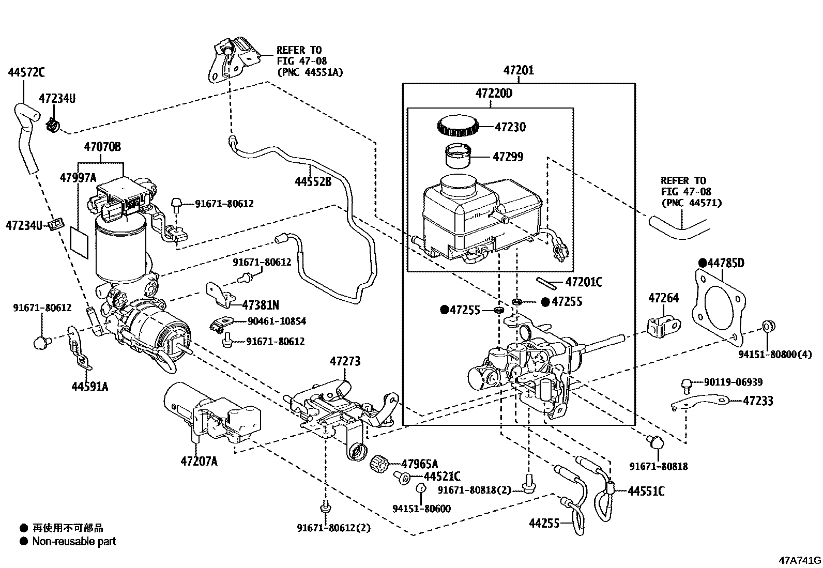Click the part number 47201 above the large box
tap(519, 70)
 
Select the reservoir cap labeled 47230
tap(458, 126)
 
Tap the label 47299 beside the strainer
tap(508, 156)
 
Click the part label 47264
tap(664, 298)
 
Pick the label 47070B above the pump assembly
tap(102, 147)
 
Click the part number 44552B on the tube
tap(313, 181)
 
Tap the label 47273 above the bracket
tap(345, 361)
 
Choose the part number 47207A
tap(199, 461)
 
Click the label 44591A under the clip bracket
tap(90, 386)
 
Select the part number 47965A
tap(419, 464)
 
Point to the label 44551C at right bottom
tap(646, 491)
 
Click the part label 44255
tap(544, 523)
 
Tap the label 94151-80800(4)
tap(774, 354)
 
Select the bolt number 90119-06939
tap(733, 382)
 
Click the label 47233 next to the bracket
tap(758, 401)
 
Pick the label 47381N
tap(261, 304)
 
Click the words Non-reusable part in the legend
tap(74, 542)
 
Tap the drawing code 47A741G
tap(800, 560)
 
